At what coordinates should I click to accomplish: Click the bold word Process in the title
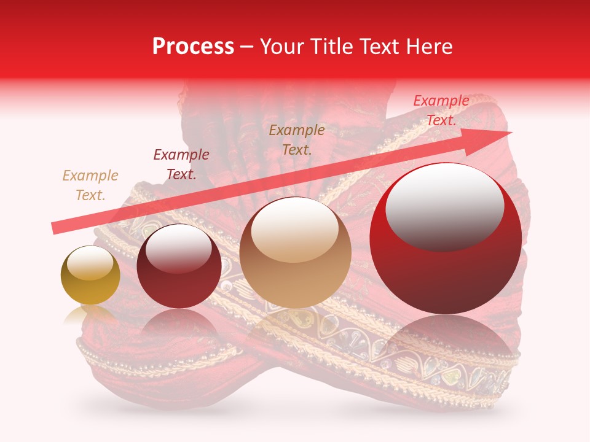193,47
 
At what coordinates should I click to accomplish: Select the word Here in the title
428,47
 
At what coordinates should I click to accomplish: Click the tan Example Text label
90,185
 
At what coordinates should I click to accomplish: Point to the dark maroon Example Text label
181,164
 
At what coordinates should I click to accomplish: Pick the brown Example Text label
297,139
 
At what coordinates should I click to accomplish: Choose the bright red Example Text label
441,110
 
